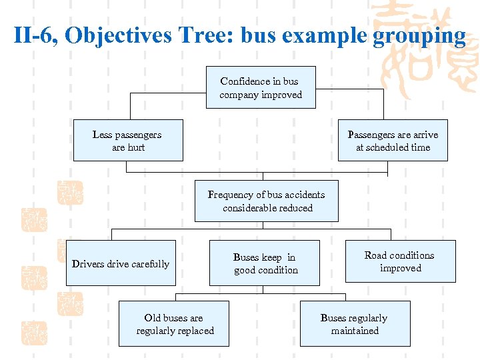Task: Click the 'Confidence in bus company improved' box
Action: coord(261,87)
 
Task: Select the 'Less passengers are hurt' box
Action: coord(127,141)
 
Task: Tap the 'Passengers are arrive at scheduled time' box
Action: coord(393,141)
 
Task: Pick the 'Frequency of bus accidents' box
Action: coord(266,201)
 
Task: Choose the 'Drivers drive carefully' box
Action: coord(121,263)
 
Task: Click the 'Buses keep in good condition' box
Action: coord(265,263)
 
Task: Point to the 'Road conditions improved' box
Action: coord(400,261)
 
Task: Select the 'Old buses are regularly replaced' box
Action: coord(174,324)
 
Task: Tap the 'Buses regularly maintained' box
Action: coord(355,324)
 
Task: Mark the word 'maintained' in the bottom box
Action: coord(355,331)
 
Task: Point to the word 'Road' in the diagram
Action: coord(376,255)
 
